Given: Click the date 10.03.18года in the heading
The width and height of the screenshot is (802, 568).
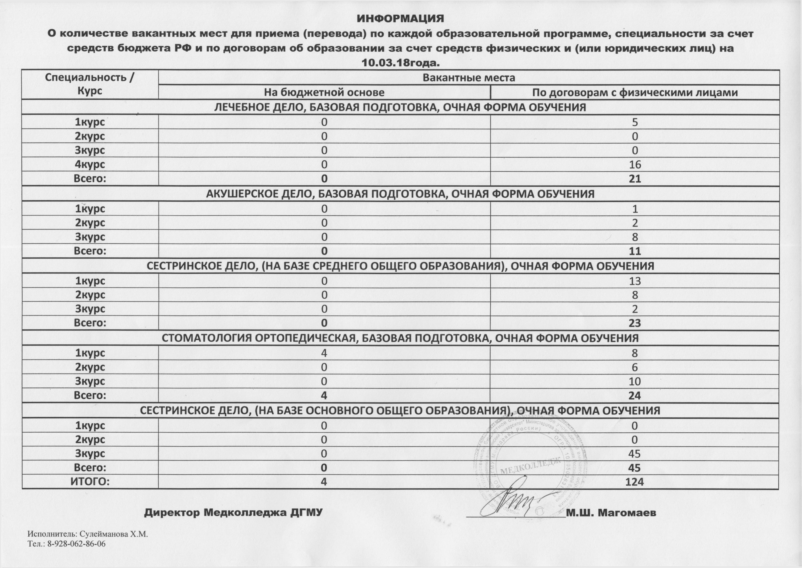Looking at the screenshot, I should coord(400,63).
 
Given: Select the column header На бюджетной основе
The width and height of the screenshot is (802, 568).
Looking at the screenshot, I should coord(324,92).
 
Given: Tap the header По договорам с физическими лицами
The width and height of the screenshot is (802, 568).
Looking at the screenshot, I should coord(635,92).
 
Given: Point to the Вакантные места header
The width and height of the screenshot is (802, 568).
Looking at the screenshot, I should coord(469,78).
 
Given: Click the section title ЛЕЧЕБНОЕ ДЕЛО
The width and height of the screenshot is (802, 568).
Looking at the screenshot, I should coord(400,107).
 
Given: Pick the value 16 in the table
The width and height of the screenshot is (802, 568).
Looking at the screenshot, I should coord(635,164).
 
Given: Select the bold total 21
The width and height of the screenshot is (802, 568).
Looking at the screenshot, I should coord(635,179).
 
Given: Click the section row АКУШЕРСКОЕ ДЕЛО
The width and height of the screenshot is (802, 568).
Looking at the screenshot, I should coord(400,194).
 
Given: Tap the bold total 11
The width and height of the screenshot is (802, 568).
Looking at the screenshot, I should coord(635,251).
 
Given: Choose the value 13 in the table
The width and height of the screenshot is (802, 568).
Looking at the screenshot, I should coord(635,281).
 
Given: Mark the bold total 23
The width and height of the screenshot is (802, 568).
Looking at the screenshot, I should coord(635,323).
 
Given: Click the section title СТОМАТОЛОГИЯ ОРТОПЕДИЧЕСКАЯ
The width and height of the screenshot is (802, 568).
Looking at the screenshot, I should coord(400,338).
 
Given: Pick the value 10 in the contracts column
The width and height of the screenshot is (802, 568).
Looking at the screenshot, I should coord(635,381).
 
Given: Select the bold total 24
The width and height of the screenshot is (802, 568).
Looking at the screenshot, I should coord(635,396).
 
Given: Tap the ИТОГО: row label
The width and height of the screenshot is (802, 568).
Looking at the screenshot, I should coord(90,482).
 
